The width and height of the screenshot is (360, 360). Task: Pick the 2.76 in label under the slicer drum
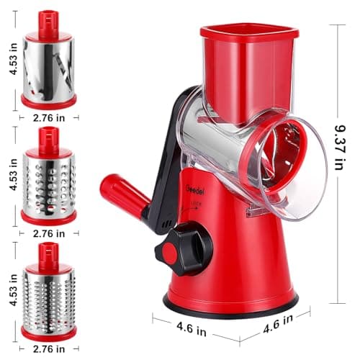(x=48, y=117)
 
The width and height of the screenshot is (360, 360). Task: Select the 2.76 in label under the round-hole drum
(x=48, y=233)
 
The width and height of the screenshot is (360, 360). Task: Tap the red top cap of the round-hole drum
(x=48, y=140)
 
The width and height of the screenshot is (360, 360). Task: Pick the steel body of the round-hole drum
(x=48, y=184)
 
